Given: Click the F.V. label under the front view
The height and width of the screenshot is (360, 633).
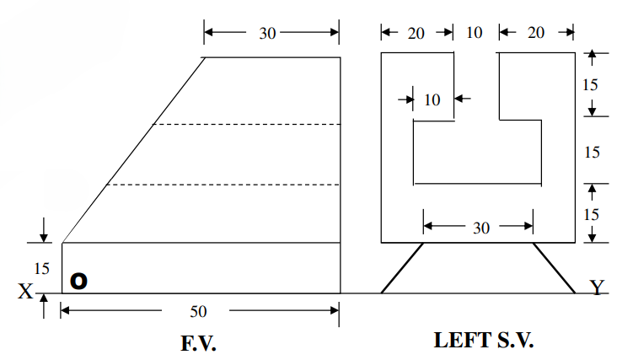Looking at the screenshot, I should click(x=199, y=342).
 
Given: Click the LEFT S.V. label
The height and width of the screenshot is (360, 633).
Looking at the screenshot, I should click(x=484, y=341).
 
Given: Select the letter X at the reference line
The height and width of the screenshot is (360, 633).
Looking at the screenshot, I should click(x=25, y=291).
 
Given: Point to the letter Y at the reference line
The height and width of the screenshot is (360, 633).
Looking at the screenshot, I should click(x=597, y=288).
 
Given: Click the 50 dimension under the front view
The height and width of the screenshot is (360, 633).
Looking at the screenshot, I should click(x=197, y=311).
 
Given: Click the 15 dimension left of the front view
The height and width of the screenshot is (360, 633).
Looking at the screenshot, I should click(x=41, y=269).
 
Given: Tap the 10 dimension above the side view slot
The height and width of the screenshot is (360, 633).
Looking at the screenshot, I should click(x=475, y=33).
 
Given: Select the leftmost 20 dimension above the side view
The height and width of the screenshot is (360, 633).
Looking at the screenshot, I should click(x=416, y=33).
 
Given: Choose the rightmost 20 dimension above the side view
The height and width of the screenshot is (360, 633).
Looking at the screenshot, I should click(x=535, y=33).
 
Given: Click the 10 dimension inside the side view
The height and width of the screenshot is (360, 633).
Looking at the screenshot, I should click(x=432, y=99).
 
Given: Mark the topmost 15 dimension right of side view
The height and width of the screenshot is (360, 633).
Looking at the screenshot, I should click(x=592, y=84).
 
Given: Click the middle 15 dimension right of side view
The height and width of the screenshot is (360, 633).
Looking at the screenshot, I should click(x=592, y=152).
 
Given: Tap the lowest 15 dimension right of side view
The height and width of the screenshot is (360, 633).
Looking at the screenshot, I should click(x=592, y=214).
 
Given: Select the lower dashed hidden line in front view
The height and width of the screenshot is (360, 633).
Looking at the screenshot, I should click(x=223, y=185).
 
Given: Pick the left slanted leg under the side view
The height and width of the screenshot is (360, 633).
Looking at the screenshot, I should click(x=402, y=268).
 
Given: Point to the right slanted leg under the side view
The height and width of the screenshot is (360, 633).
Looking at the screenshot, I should click(x=553, y=268).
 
